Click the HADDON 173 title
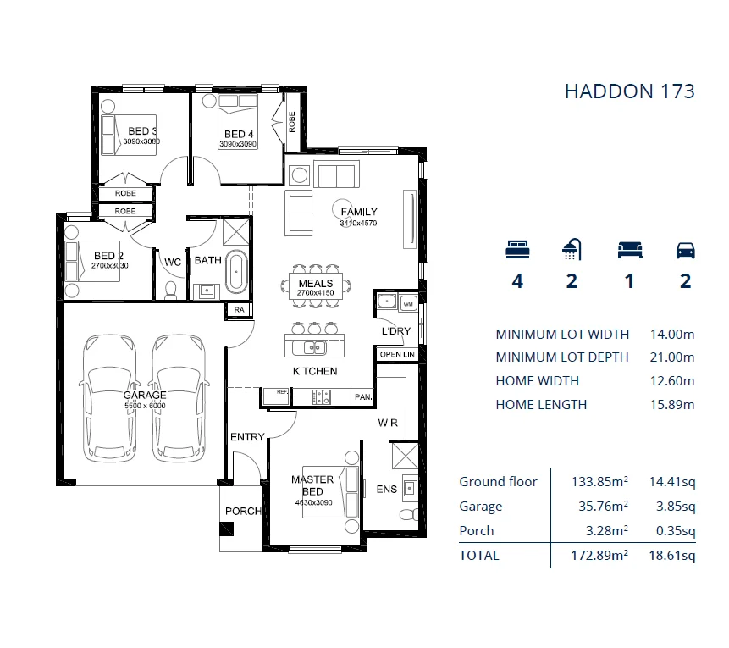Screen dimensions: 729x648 [x=629, y=91]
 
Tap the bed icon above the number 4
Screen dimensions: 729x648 [x=517, y=249]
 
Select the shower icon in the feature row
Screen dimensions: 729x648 [x=572, y=249]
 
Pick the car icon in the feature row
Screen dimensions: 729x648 [x=685, y=250]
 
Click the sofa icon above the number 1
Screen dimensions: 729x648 [x=630, y=250]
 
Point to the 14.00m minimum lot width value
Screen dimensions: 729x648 [x=671, y=334]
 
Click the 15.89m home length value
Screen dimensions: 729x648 [x=671, y=404]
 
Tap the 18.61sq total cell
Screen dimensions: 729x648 [x=672, y=555]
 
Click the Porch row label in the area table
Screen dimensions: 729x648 [x=476, y=530]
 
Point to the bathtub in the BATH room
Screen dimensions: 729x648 [x=236, y=272]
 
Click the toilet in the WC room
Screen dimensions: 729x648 [x=171, y=291]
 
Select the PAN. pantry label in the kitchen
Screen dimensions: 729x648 [x=363, y=396]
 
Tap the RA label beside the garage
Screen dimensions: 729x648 [x=239, y=310]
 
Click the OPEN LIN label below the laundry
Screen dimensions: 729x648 [x=397, y=354]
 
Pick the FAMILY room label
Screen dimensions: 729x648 [x=359, y=212]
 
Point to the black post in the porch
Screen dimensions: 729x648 [x=226, y=529]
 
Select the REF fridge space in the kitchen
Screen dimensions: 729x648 [x=276, y=396]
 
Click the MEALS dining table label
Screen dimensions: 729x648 [x=316, y=283]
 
